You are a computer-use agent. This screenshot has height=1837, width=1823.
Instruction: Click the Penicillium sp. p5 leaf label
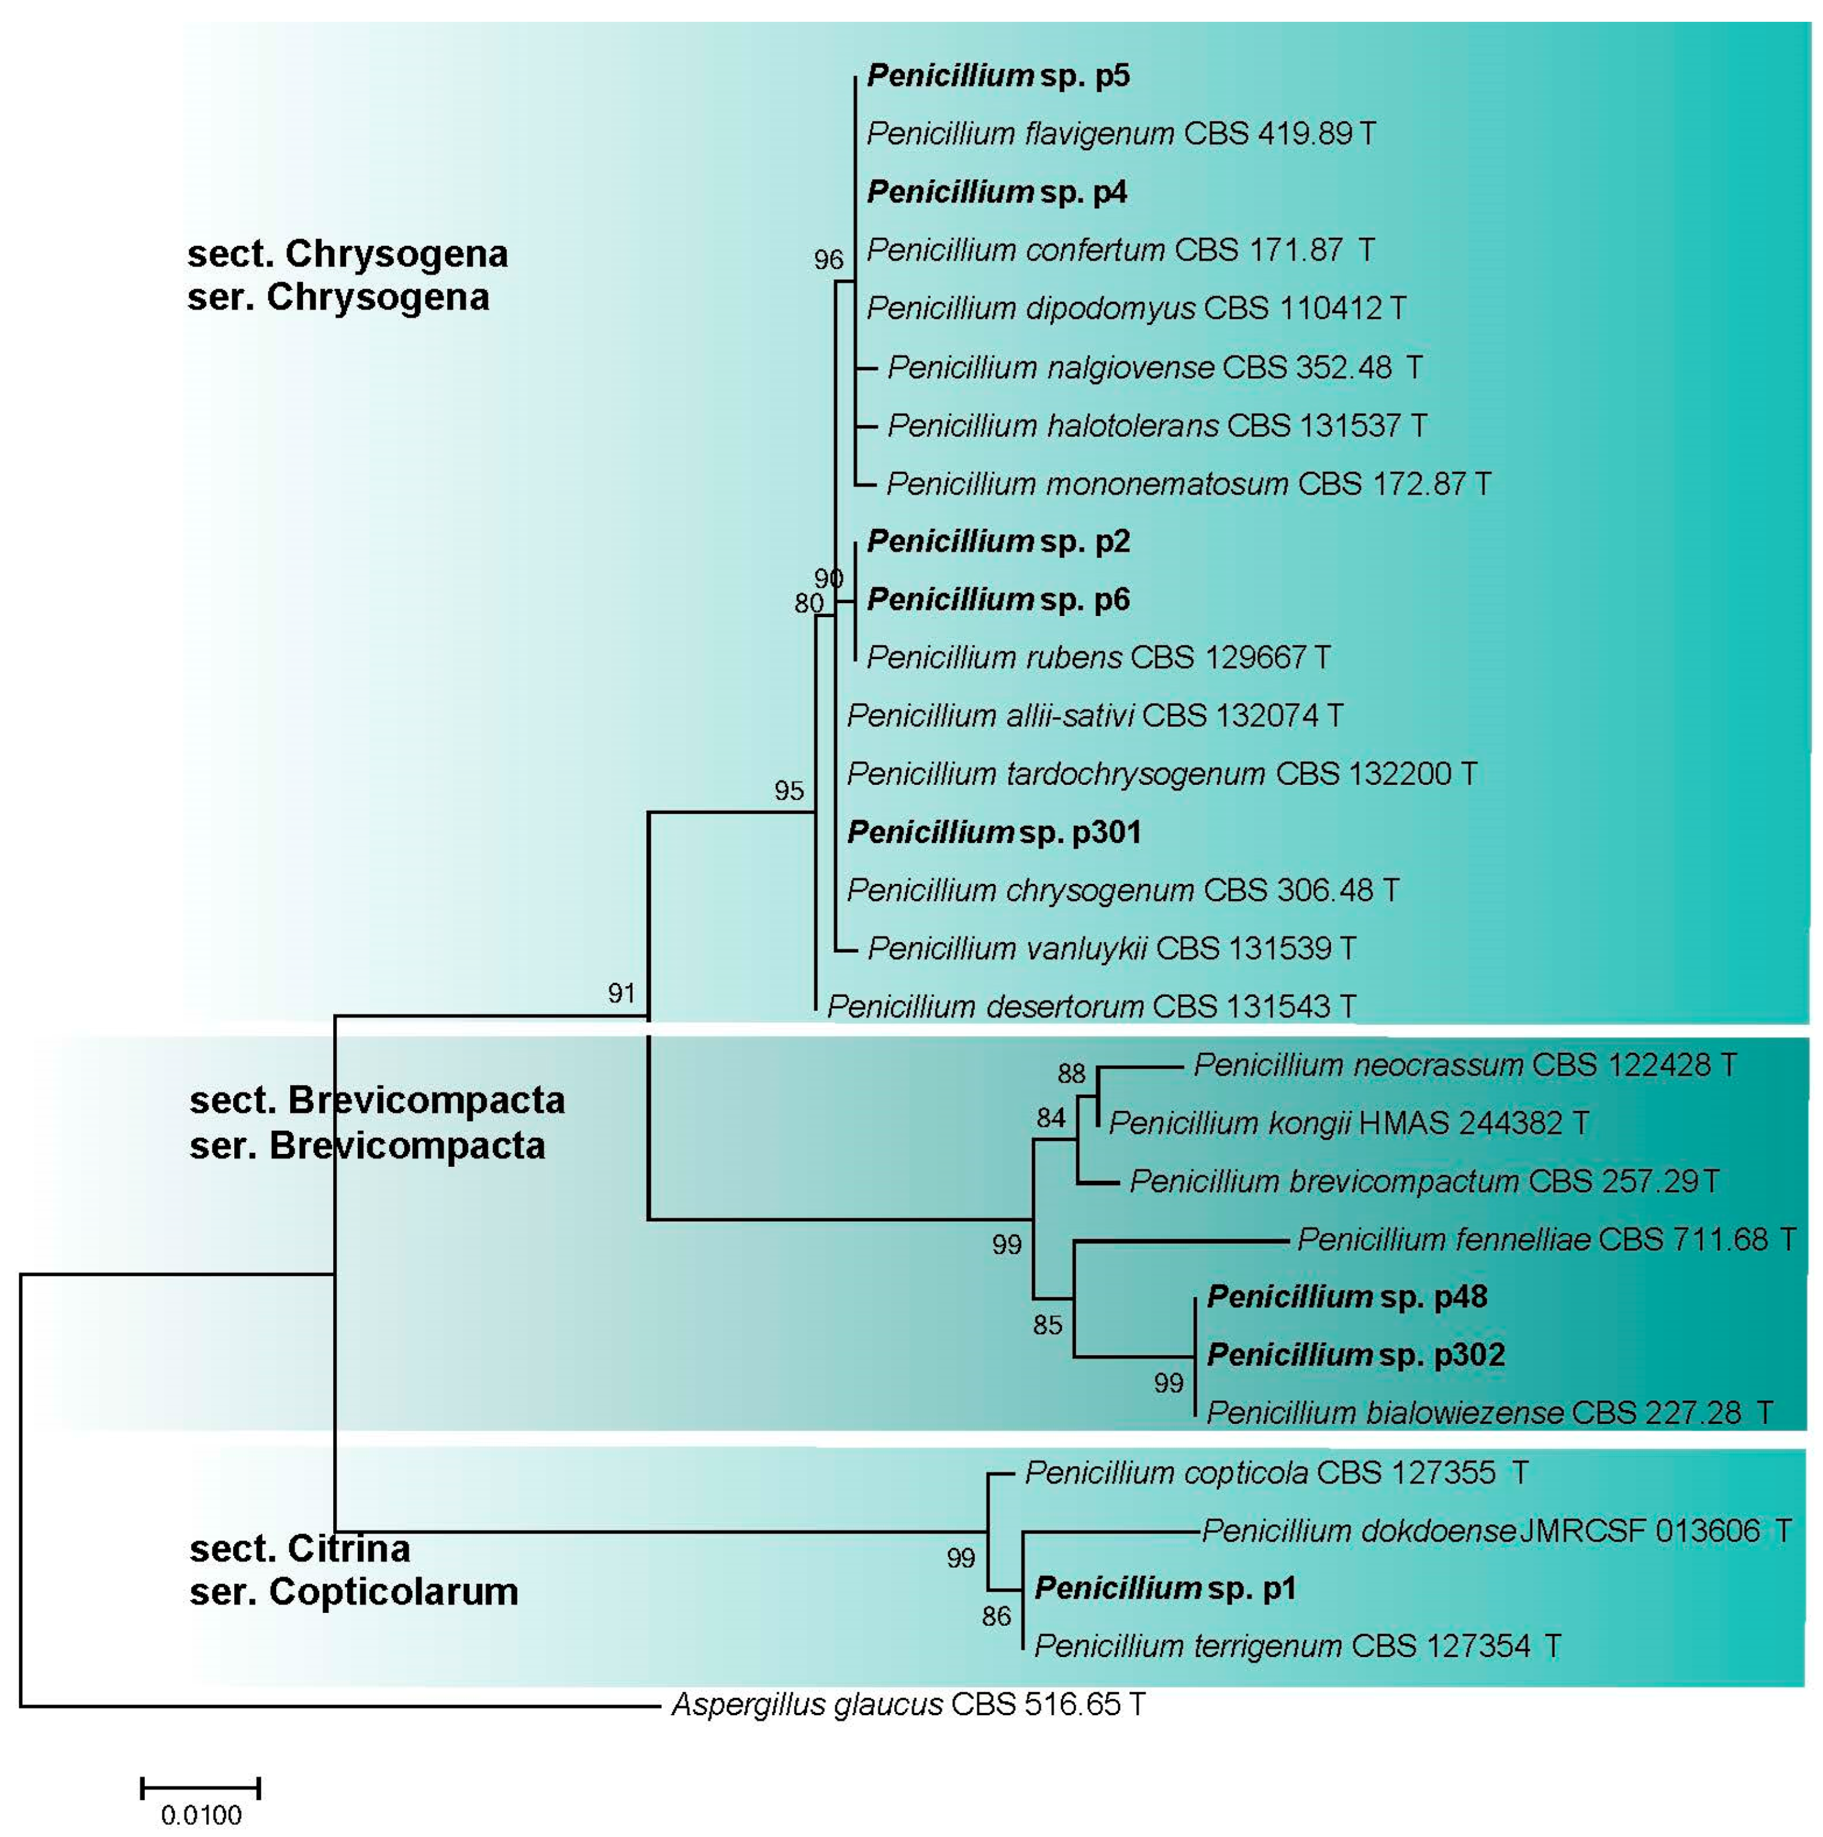[998, 75]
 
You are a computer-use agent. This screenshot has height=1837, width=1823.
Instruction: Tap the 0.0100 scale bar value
[201, 1815]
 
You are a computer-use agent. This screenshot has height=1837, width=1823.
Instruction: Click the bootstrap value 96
[828, 259]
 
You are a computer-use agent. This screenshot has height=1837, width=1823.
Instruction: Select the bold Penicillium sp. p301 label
[994, 832]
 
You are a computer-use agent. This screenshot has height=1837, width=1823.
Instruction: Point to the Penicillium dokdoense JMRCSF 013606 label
[1496, 1531]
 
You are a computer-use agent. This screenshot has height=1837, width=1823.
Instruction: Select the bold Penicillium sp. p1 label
[1165, 1588]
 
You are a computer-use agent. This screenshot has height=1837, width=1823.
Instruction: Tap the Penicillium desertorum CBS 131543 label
[1091, 1006]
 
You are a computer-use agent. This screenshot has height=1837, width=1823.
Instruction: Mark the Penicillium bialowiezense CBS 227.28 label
[1489, 1413]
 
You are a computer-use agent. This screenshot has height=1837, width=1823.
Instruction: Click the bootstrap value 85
[1047, 1324]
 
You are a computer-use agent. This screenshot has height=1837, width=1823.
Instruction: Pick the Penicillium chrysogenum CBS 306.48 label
[1122, 890]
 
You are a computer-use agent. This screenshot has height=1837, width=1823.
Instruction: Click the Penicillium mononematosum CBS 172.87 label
[1188, 484]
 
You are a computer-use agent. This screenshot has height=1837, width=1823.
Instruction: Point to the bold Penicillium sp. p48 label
[1347, 1296]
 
